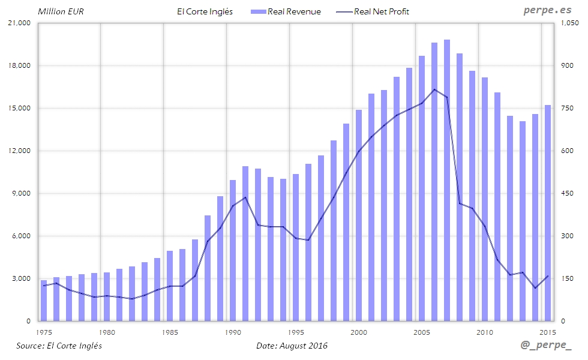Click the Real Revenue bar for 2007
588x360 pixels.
447,180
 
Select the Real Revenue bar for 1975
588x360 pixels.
44,301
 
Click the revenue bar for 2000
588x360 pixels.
359,215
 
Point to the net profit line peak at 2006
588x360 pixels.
434,89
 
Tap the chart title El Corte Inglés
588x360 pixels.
205,11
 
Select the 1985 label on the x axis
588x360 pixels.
170,332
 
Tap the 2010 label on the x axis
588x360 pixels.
485,332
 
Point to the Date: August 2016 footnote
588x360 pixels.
292,346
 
